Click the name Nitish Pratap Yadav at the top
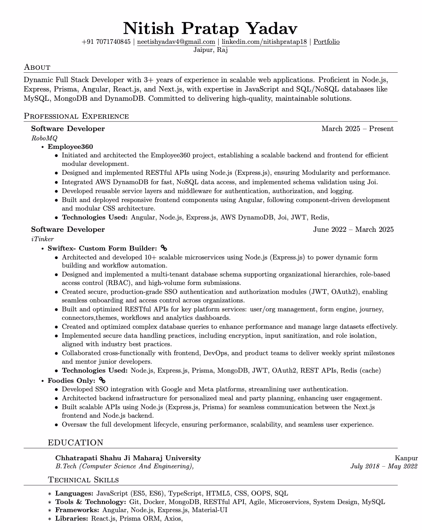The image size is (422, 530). click(x=211, y=28)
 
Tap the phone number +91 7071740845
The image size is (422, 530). click(x=106, y=42)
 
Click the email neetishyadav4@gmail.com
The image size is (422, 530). click(x=176, y=42)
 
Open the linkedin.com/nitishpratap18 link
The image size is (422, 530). click(x=264, y=42)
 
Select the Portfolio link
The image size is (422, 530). click(x=326, y=42)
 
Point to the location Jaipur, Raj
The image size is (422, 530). click(x=211, y=50)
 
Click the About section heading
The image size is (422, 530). click(x=37, y=67)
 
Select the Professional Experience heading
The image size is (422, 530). click(x=76, y=116)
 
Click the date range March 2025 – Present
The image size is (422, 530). click(x=357, y=128)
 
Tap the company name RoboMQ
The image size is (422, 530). click(x=44, y=138)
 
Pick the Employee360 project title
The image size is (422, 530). click(x=70, y=147)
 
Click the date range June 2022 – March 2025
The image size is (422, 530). click(x=353, y=229)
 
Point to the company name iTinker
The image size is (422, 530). click(x=43, y=239)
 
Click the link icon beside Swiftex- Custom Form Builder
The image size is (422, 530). click(x=164, y=248)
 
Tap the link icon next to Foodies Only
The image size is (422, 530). click(x=102, y=380)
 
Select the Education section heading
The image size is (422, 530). click(x=75, y=443)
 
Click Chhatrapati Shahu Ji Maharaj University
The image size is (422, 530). click(x=128, y=458)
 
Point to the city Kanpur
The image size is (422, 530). click(x=406, y=458)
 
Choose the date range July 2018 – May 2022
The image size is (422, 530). click(x=384, y=466)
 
